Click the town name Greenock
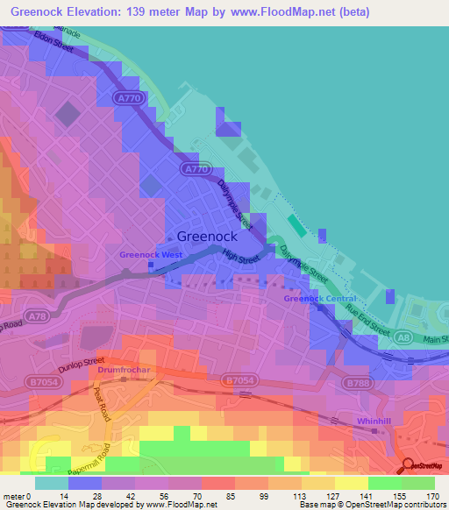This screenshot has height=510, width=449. [209, 236]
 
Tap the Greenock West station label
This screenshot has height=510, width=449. [152, 255]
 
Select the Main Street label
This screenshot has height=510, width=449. [433, 340]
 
